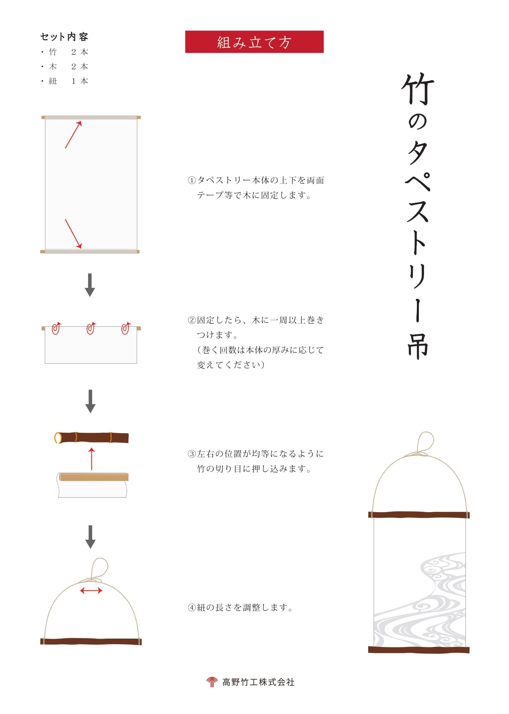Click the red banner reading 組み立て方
coord(254,42)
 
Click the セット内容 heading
coord(64,37)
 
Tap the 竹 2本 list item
coord(64,52)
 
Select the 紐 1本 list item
coord(64,81)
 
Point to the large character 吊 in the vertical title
coord(418,345)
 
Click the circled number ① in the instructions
coord(192,180)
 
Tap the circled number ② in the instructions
coord(192,320)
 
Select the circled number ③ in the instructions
coord(192,454)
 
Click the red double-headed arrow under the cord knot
coord(91,590)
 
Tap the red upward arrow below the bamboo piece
coord(92,459)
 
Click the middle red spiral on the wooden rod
coord(91,328)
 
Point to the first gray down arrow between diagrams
coord(90,285)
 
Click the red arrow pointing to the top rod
coord(73,134)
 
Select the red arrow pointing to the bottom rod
coord(73,234)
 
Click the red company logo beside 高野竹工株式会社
coord(212,682)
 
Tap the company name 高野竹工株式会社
coord(258,682)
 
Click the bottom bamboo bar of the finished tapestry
coord(419,650)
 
